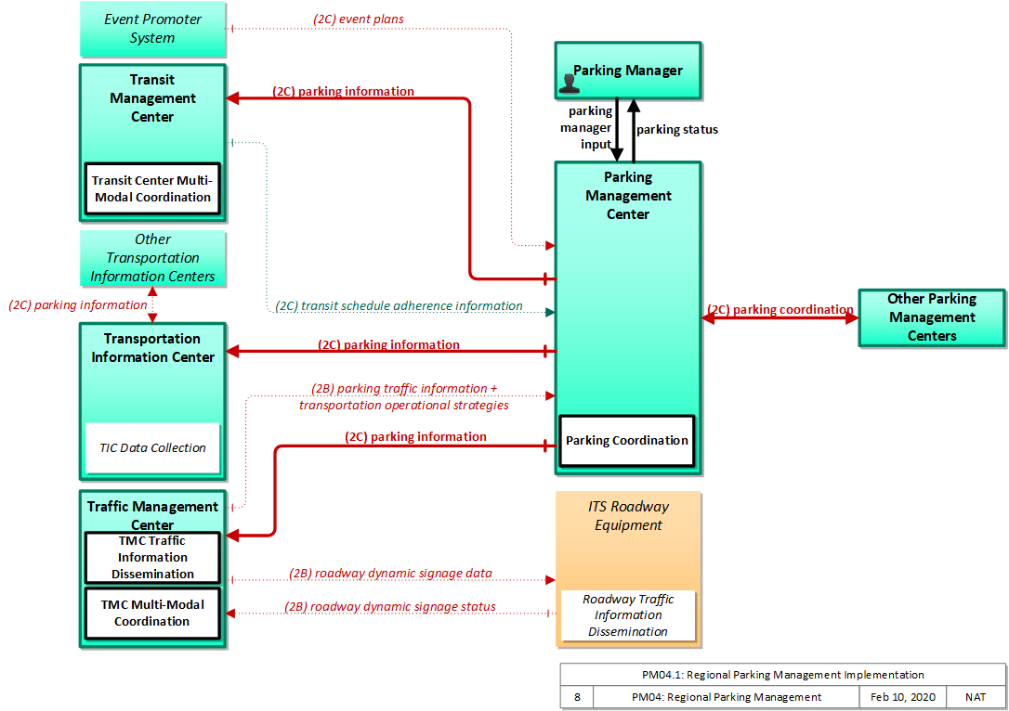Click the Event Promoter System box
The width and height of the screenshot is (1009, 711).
click(x=153, y=29)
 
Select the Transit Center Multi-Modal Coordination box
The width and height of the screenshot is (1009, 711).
click(x=152, y=189)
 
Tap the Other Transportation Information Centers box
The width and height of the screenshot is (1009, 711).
click(x=153, y=258)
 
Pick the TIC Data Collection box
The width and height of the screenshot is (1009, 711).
click(x=152, y=448)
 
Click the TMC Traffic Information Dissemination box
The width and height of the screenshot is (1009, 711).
click(x=152, y=557)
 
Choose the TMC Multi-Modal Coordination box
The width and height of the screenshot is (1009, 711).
click(x=152, y=614)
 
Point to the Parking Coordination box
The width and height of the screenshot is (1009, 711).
click(x=627, y=441)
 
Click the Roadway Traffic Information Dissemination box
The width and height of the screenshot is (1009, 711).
click(x=628, y=615)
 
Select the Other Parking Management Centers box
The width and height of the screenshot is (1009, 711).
click(x=933, y=317)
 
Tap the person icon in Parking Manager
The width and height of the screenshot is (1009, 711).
click(x=569, y=84)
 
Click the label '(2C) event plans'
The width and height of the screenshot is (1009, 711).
click(x=359, y=19)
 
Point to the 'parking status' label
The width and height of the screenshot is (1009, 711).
click(x=677, y=130)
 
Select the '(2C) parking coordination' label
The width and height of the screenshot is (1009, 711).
click(x=780, y=310)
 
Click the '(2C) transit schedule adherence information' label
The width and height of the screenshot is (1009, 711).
click(x=399, y=306)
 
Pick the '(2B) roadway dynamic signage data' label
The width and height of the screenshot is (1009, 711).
click(x=390, y=574)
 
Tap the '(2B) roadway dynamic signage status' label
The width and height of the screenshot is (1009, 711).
click(x=390, y=607)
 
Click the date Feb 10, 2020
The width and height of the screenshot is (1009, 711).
click(x=903, y=697)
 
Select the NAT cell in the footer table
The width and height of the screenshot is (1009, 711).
click(x=976, y=697)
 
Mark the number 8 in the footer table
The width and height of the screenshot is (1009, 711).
click(x=577, y=697)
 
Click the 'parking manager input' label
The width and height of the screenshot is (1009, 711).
click(x=586, y=128)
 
